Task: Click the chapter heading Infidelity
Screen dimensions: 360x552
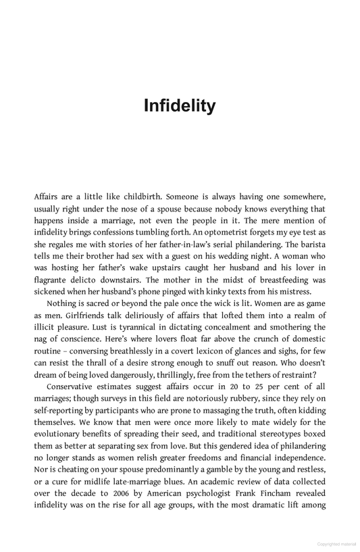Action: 180,106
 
